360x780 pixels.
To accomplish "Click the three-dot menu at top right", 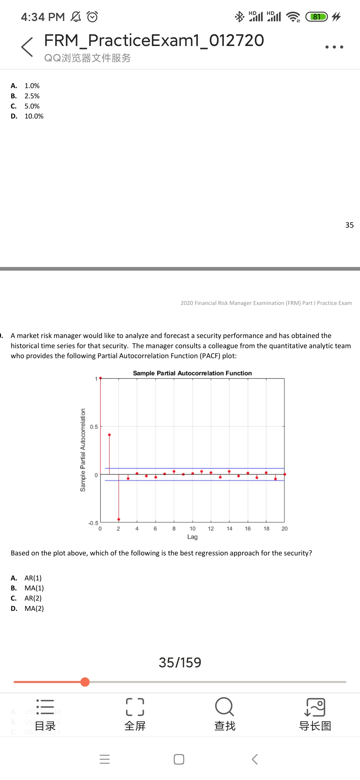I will (334, 47).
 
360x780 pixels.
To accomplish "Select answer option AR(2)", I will (33, 598).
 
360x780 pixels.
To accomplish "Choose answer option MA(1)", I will (34, 588).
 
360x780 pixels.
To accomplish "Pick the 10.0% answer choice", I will (34, 116).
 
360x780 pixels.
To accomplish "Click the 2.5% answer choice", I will (32, 96).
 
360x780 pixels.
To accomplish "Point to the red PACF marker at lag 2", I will (119, 519).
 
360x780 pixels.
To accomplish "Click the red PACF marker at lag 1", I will (109, 435).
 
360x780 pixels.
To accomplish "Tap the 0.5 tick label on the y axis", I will (94, 427).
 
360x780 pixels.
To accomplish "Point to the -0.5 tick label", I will (93, 523).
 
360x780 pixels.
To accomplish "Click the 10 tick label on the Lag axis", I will (192, 529).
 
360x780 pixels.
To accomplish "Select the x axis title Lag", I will (192, 537).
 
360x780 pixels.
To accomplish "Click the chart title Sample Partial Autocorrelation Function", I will (192, 373).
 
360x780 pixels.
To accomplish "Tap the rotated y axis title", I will (83, 450).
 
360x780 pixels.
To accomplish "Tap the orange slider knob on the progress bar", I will (85, 682).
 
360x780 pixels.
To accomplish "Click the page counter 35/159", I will (180, 662).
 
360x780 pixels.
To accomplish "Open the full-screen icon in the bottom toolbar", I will (135, 707).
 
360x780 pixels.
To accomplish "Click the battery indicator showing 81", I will (317, 17).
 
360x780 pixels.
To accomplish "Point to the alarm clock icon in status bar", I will (92, 17).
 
